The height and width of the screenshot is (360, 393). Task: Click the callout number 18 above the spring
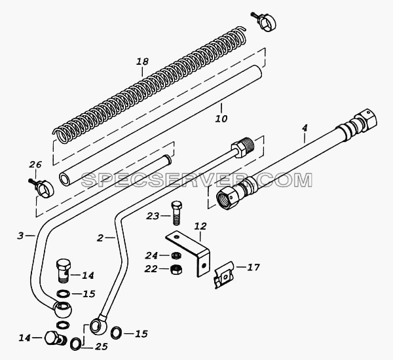[143, 62]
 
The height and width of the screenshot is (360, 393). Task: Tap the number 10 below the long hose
[221, 118]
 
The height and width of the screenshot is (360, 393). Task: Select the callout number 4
[305, 128]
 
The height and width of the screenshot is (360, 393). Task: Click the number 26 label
[35, 165]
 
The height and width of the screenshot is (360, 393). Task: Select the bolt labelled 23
[177, 213]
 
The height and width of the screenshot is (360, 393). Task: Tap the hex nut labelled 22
[176, 269]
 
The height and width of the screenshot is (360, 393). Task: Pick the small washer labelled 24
[176, 255]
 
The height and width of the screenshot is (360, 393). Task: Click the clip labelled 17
[224, 275]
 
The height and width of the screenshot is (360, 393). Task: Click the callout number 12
[200, 226]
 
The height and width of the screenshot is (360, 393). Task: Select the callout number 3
[20, 236]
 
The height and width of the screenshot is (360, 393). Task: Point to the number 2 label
[100, 238]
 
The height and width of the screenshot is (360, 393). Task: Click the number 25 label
[101, 346]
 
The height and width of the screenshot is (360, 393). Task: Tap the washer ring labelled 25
[76, 344]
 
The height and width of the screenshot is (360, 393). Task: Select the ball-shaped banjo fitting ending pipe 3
[62, 310]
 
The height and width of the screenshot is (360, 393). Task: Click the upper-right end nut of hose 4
[365, 121]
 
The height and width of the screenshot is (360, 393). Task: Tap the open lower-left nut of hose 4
[228, 196]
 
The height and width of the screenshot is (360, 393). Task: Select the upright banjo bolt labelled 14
[64, 271]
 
